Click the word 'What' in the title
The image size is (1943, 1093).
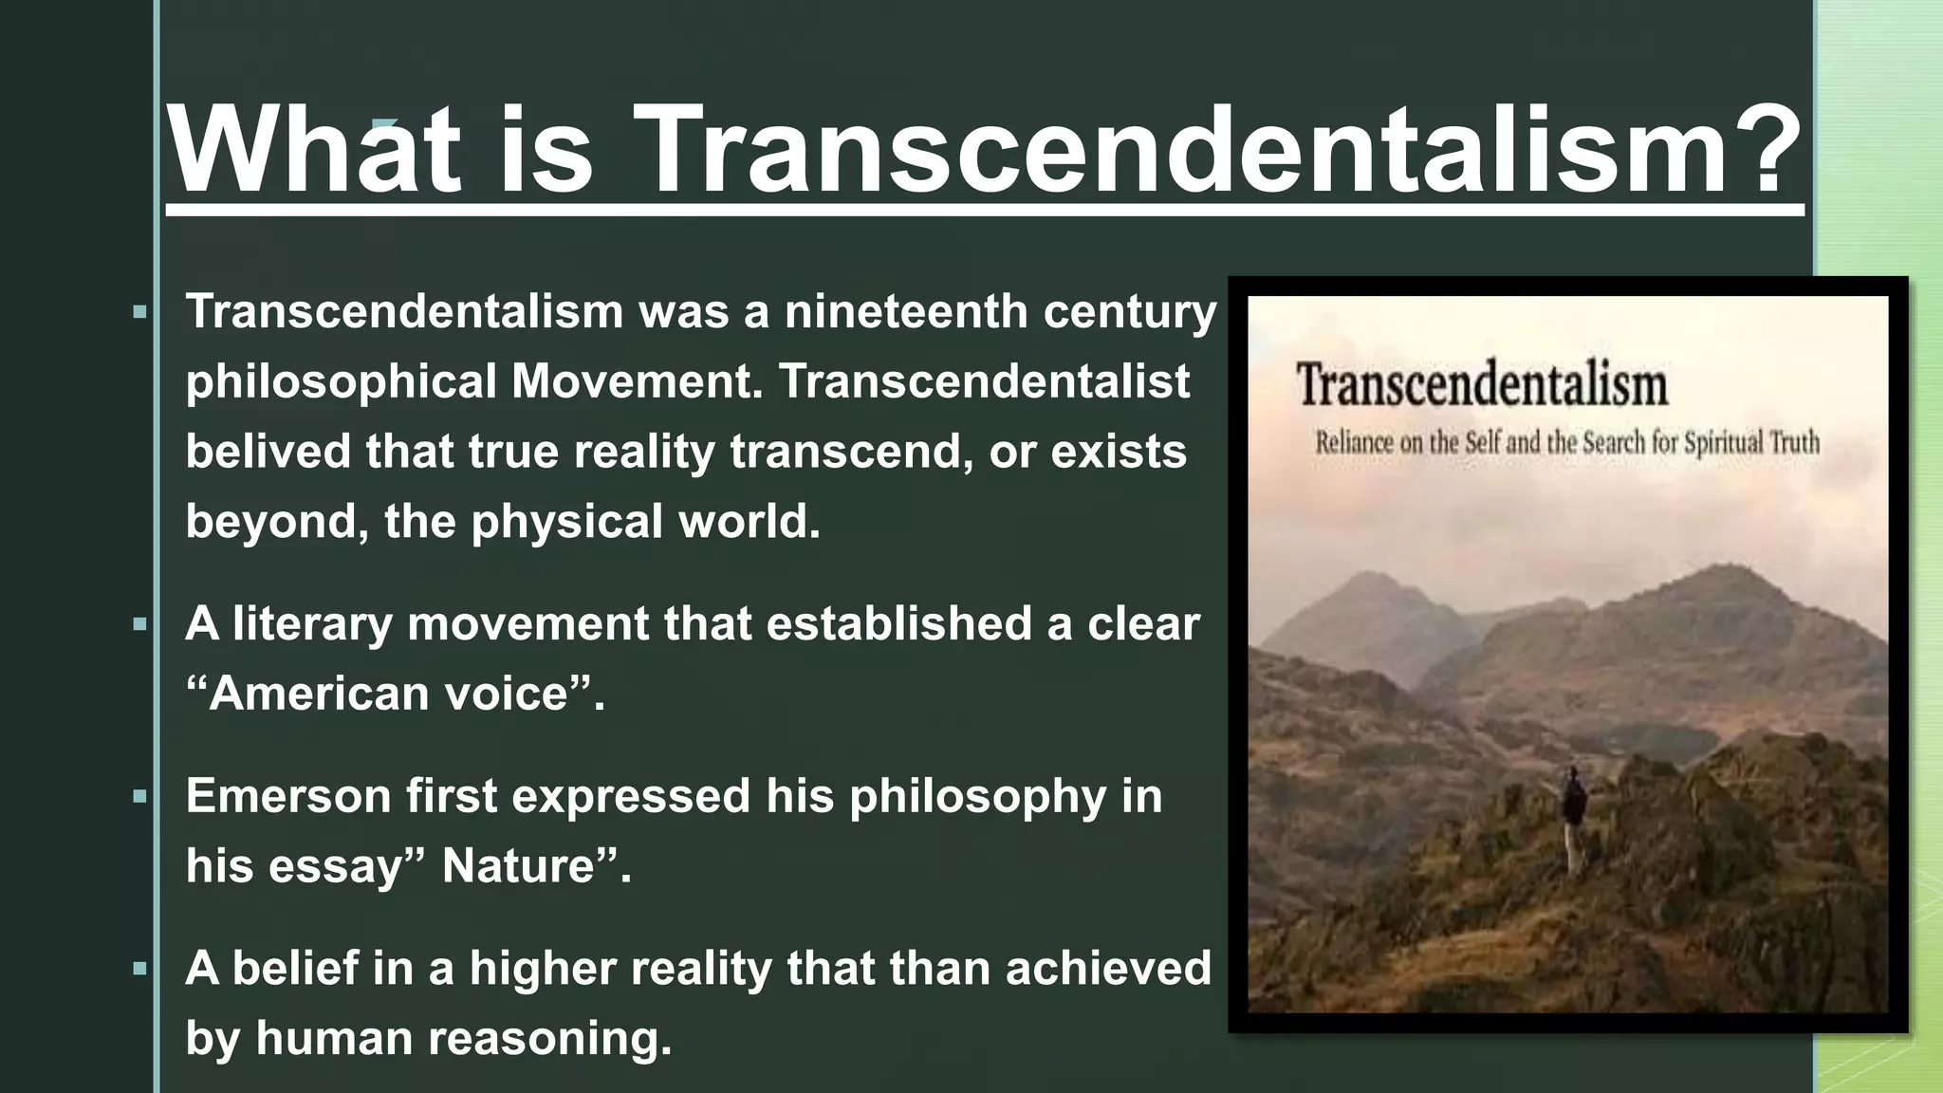coord(313,150)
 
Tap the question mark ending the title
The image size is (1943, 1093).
coord(1763,150)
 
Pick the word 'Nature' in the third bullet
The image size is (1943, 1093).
coord(518,865)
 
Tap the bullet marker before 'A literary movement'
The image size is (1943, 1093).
coord(140,625)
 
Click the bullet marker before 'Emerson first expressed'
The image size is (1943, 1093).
coord(140,797)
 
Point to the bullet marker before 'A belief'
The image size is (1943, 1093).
coord(140,970)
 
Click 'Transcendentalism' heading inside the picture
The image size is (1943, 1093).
coord(1482,385)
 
